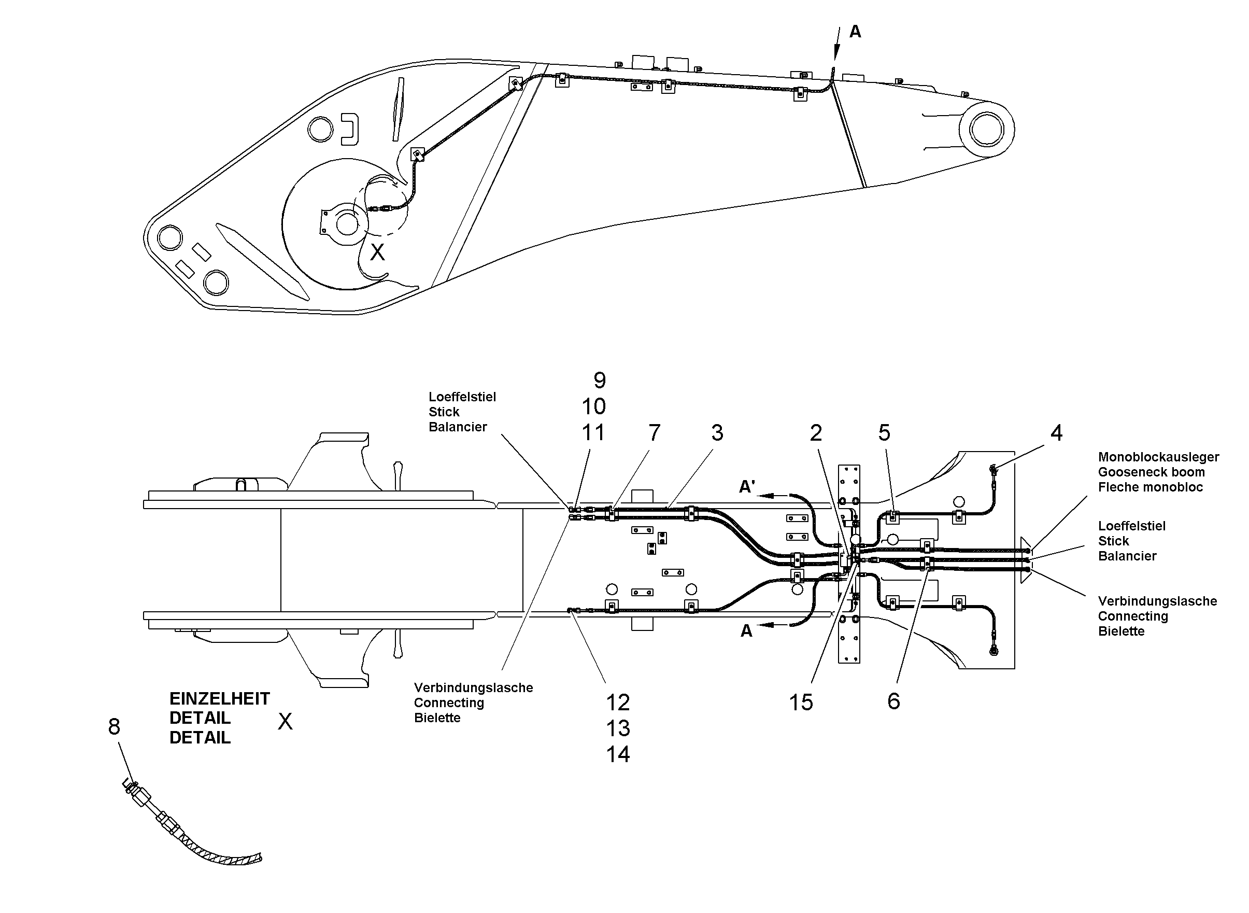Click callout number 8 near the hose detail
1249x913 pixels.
pos(115,727)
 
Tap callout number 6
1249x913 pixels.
pos(894,701)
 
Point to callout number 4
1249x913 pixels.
pos(1057,433)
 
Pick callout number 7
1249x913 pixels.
pos(655,433)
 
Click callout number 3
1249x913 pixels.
pos(718,433)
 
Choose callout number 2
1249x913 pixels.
pos(816,433)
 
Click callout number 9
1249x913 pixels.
pos(600,380)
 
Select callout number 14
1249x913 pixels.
pos(618,754)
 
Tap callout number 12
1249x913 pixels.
pos(618,703)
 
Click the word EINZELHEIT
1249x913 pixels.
pos(220,698)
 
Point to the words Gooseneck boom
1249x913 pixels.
pos(1151,472)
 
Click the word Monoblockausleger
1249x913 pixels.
pos(1158,457)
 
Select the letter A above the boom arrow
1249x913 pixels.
pos(855,32)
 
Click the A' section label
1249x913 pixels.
pos(747,486)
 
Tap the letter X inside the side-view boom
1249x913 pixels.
pos(377,252)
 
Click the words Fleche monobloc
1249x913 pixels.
pos(1150,487)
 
